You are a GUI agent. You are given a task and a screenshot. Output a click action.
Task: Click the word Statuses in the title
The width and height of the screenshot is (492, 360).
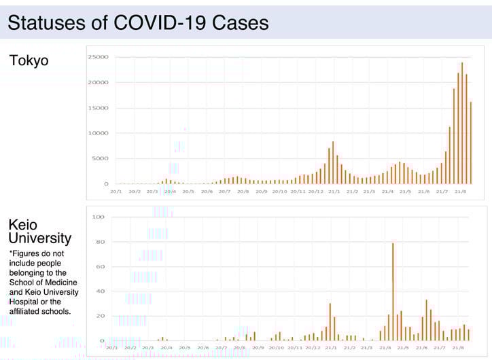click(x=47, y=22)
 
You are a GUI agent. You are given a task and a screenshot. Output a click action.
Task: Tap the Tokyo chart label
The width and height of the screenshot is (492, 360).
click(x=29, y=60)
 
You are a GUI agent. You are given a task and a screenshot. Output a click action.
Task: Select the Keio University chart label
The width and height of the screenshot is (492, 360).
click(x=39, y=231)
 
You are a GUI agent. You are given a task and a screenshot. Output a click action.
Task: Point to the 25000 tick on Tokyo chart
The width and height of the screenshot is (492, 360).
click(x=98, y=57)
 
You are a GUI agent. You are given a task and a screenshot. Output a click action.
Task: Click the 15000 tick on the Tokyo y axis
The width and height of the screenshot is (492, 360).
click(x=98, y=108)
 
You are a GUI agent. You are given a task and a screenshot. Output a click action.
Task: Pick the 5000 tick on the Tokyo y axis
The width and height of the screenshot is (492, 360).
click(x=99, y=158)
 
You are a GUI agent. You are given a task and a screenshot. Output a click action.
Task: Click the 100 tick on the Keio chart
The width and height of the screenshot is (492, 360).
click(x=99, y=217)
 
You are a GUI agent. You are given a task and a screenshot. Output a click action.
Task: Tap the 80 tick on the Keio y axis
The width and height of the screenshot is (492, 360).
click(x=100, y=242)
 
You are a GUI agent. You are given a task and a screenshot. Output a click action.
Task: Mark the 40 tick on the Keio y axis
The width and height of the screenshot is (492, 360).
click(x=100, y=291)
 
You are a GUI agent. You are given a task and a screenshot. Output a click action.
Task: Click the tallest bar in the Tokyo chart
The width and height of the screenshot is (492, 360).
click(x=462, y=123)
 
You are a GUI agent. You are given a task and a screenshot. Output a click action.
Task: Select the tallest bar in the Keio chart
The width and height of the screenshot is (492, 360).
click(x=393, y=291)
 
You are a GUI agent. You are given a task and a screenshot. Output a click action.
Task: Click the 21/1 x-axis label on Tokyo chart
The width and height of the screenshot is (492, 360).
click(x=334, y=192)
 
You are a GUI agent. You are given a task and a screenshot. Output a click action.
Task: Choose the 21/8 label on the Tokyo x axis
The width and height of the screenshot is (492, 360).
click(x=459, y=192)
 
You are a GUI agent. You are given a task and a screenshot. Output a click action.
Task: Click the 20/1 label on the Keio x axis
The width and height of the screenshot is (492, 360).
click(x=112, y=347)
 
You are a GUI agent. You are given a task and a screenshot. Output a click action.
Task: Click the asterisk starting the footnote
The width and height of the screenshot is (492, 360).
click(x=11, y=253)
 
